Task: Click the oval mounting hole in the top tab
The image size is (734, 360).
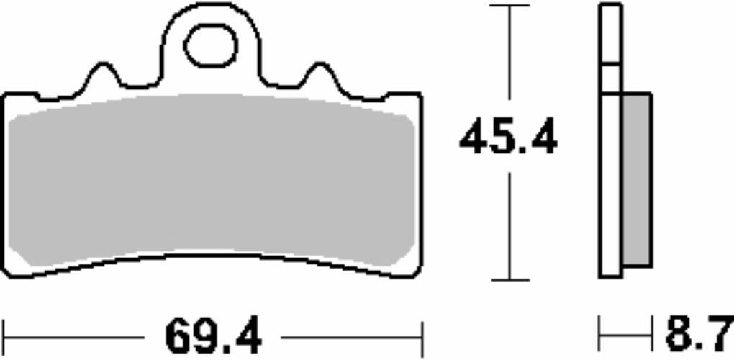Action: coord(210,47)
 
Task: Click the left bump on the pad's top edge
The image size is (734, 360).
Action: coord(102,73)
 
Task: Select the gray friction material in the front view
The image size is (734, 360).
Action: coord(212,180)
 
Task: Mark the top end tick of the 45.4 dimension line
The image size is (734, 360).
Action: coord(509,6)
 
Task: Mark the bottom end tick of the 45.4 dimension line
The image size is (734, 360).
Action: coord(509,280)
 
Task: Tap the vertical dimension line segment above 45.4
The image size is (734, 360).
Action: coord(509,58)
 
